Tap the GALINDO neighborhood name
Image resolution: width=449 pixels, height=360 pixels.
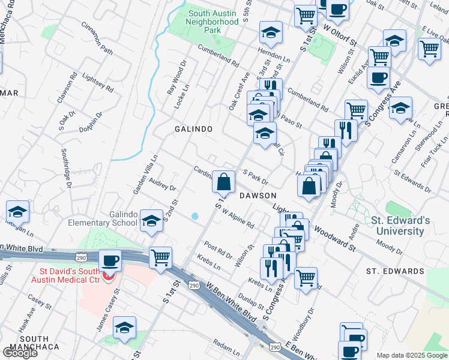[x=193, y=129]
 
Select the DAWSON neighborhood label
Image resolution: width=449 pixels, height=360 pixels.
[x=258, y=196]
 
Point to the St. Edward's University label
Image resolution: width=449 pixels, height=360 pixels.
[x=400, y=226]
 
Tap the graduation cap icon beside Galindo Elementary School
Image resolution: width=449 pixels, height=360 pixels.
[x=151, y=220]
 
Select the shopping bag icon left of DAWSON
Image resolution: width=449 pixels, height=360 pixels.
[x=223, y=181]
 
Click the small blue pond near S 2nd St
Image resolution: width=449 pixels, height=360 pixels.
[x=195, y=216]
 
